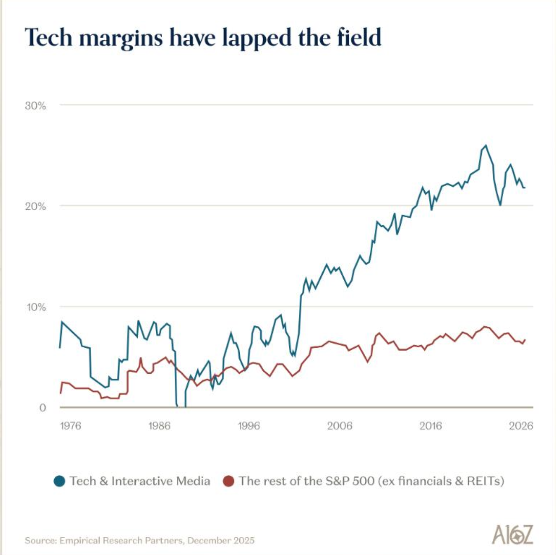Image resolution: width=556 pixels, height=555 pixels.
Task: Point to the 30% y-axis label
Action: tap(35, 106)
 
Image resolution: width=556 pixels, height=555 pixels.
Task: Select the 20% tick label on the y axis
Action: tap(35, 206)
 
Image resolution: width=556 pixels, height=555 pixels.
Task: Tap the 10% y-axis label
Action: tap(36, 307)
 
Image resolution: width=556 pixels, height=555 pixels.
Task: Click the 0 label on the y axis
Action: tap(42, 408)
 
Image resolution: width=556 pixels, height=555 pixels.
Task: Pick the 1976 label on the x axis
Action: tap(70, 426)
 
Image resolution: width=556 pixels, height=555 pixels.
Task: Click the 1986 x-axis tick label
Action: tap(159, 426)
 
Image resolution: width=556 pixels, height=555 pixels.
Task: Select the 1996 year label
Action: tap(249, 426)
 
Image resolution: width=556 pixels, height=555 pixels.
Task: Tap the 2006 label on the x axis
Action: tap(340, 426)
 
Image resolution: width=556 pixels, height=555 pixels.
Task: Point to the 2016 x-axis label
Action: tap(431, 426)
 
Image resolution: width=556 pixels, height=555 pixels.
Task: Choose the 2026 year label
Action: tap(521, 426)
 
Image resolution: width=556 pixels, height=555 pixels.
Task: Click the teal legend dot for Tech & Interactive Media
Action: tap(60, 481)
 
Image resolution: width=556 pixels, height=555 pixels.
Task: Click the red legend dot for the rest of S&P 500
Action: tap(228, 481)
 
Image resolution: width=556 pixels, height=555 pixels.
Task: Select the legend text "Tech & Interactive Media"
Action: tap(140, 481)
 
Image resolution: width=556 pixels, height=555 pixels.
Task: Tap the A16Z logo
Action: tap(512, 534)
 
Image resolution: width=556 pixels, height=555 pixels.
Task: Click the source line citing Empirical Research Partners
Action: tap(139, 540)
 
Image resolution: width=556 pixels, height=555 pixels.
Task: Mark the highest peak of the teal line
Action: tap(486, 145)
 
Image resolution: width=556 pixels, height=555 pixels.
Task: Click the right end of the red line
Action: tap(525, 340)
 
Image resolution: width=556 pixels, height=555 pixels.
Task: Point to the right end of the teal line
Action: tap(524, 187)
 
